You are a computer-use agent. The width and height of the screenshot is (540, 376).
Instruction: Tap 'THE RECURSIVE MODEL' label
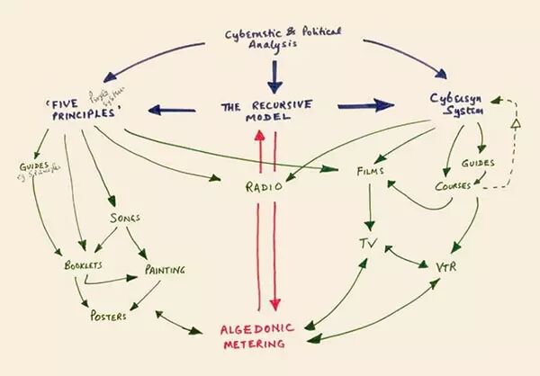point(268,114)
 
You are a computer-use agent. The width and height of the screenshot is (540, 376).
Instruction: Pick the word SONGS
point(126,219)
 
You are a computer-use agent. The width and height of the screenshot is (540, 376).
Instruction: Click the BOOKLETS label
point(83,266)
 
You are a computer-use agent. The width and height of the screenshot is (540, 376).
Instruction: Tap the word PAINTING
point(166,267)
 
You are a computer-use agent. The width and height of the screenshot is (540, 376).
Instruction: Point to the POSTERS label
point(108,316)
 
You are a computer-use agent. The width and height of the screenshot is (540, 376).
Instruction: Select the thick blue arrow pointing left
point(171,112)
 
